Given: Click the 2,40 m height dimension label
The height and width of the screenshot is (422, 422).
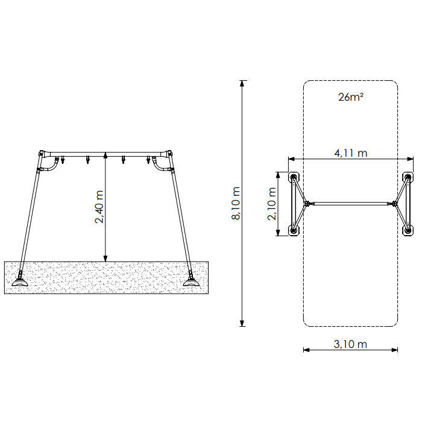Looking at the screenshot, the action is pyautogui.click(x=99, y=207).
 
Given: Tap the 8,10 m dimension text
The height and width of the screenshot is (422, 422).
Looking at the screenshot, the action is pyautogui.click(x=236, y=203).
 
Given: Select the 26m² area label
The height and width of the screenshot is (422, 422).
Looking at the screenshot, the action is pyautogui.click(x=351, y=97).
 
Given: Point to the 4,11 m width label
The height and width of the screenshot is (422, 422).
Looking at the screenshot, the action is pyautogui.click(x=351, y=153).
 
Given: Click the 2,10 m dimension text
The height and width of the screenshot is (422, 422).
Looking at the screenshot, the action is pyautogui.click(x=271, y=204).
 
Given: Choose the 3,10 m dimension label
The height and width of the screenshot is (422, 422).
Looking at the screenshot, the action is pyautogui.click(x=350, y=344).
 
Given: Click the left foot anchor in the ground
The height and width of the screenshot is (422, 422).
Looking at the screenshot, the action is pyautogui.click(x=20, y=280).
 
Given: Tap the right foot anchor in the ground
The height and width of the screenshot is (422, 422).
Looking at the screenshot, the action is pyautogui.click(x=191, y=280).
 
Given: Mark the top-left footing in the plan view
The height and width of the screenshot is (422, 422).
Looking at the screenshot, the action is pyautogui.click(x=294, y=177).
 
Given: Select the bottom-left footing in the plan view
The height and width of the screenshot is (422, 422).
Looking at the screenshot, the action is pyautogui.click(x=294, y=231).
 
